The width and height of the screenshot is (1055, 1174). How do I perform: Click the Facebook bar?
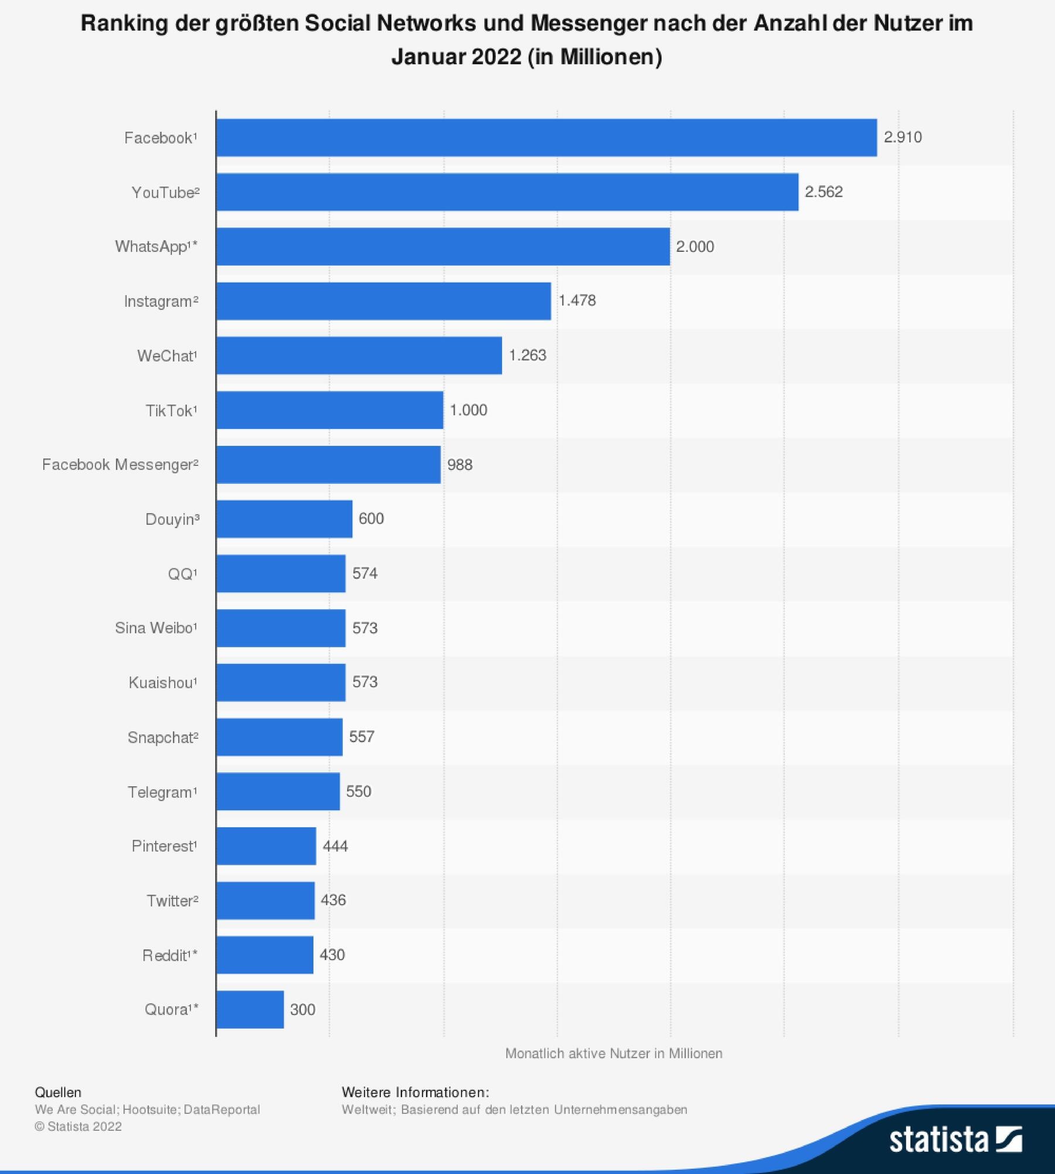(x=546, y=138)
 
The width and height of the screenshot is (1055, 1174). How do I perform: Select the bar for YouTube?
(x=507, y=192)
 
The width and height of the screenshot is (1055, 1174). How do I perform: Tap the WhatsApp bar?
(x=443, y=247)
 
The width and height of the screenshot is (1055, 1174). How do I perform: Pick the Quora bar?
(x=250, y=1009)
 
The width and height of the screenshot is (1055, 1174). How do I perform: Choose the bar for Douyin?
(x=284, y=519)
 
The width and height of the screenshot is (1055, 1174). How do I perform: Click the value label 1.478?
(x=577, y=301)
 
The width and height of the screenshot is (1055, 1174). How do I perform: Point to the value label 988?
(x=460, y=465)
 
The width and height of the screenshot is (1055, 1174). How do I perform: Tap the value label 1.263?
(x=527, y=355)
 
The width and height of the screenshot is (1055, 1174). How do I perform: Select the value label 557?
(x=362, y=736)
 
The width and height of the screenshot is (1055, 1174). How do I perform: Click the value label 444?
(x=335, y=846)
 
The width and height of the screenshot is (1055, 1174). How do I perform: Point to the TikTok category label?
(x=171, y=411)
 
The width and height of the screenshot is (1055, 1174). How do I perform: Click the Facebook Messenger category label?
(x=120, y=465)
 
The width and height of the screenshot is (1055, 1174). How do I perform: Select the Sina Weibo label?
(x=155, y=628)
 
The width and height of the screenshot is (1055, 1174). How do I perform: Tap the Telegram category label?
(x=162, y=792)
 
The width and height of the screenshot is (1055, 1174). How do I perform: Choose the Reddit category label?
(x=169, y=955)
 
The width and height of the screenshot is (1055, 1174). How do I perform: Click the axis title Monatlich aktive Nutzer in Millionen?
(x=613, y=1053)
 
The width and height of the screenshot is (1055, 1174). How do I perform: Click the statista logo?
(x=955, y=1140)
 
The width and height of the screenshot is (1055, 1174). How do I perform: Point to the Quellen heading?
(x=58, y=1092)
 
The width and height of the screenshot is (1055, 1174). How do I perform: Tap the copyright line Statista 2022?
(x=78, y=1126)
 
